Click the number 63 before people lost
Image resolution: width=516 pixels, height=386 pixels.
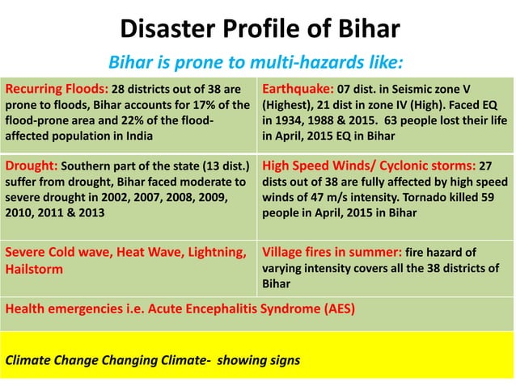point(395,120)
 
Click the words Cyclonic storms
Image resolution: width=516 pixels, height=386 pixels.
point(429,166)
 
